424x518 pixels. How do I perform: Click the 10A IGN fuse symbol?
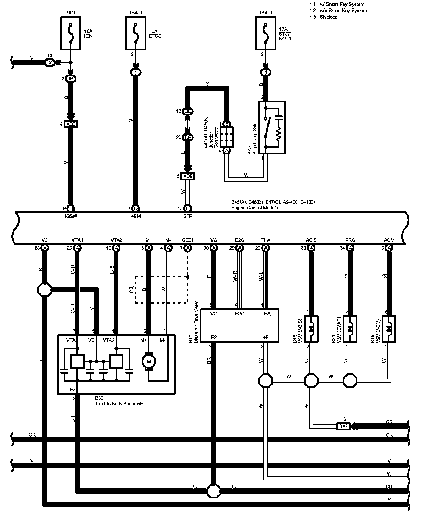[71, 33]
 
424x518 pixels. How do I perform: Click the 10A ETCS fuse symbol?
[136, 33]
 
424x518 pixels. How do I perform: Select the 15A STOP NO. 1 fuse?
[265, 33]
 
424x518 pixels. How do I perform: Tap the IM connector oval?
[50, 63]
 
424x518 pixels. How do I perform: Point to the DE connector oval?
[188, 111]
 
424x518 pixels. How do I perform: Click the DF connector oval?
[188, 137]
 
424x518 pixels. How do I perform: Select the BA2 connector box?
[344, 426]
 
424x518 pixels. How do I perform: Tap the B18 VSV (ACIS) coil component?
[311, 329]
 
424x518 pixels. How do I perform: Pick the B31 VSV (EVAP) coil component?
[350, 329]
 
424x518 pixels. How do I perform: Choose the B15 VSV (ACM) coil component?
[389, 329]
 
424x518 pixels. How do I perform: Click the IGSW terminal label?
[71, 216]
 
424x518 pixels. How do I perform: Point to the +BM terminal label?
[136, 216]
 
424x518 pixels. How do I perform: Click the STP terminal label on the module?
[188, 216]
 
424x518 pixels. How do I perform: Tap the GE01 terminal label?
[188, 240]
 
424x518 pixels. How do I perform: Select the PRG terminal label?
[350, 240]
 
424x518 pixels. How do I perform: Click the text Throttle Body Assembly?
[119, 404]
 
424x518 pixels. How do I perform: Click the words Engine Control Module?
[254, 208]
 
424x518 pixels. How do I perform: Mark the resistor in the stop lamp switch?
[279, 133]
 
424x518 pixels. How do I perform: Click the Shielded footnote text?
[329, 17]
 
